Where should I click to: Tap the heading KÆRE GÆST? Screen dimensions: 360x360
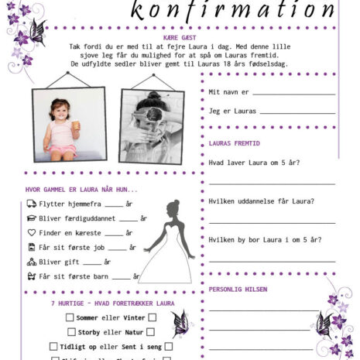(180, 37)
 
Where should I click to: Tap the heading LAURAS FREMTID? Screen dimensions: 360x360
(235, 143)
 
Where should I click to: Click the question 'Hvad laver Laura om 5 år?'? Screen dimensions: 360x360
(254, 163)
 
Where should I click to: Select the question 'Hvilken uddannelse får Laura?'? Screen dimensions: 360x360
(261, 201)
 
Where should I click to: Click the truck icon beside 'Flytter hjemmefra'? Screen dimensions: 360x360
(32, 204)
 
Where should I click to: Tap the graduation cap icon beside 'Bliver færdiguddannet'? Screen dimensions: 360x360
(32, 218)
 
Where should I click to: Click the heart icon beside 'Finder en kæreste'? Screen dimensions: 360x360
(32, 232)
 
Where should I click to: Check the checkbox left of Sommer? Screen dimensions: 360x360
(70, 317)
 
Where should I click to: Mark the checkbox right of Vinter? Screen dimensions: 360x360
(153, 317)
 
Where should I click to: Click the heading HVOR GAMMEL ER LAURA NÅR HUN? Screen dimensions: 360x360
(81, 190)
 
